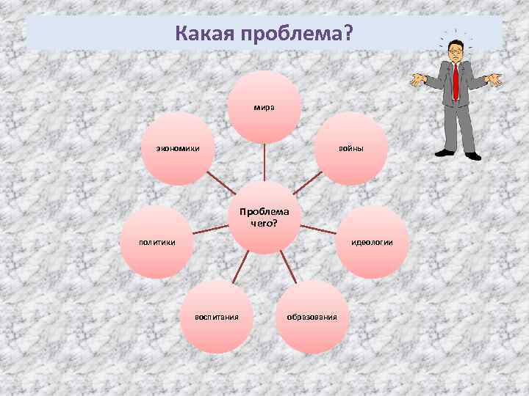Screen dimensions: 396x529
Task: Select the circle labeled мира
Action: point(264,107)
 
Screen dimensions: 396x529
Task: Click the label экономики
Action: point(177,149)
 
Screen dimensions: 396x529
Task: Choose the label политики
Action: point(157,242)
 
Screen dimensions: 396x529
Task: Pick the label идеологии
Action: point(372,242)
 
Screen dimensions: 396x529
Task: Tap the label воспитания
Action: point(216,317)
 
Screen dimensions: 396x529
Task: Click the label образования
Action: point(312,317)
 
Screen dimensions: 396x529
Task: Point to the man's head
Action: point(456,51)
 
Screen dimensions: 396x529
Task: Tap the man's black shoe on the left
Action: point(445,153)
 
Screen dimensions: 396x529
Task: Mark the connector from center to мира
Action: point(264,162)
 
